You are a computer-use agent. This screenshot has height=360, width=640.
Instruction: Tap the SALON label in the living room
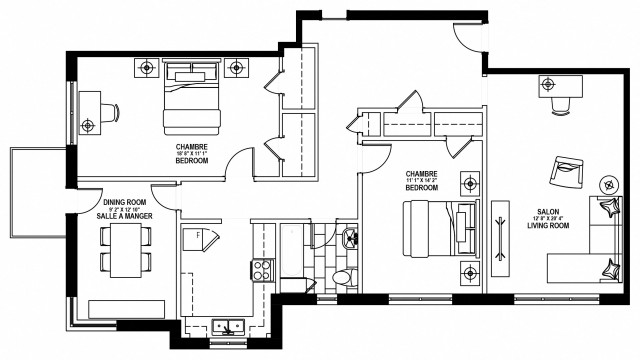coord(548,212)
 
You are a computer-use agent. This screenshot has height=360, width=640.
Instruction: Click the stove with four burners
coord(261,269)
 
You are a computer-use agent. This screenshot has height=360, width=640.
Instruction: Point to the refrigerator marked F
coord(202,240)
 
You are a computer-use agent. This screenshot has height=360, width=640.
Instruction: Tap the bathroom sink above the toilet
coord(348,239)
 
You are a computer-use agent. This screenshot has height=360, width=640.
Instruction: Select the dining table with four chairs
coord(125,250)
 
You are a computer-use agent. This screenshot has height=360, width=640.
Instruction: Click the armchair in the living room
coord(569,174)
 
